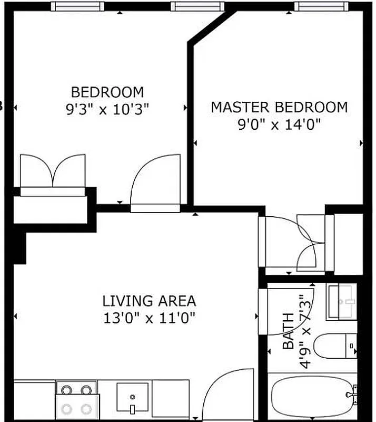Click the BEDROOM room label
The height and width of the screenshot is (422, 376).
click(x=107, y=92)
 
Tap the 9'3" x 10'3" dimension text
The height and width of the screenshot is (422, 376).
click(x=107, y=109)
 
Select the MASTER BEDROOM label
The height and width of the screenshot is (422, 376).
click(x=279, y=107)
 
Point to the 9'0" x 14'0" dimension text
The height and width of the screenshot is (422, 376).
click(x=279, y=124)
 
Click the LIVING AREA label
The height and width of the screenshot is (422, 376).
click(x=149, y=301)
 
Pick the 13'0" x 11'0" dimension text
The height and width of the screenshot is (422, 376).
click(x=149, y=318)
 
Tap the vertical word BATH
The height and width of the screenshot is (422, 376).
click(x=289, y=331)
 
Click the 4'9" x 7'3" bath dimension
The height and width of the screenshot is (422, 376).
click(x=304, y=331)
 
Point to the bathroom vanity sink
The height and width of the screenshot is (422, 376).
click(x=341, y=301)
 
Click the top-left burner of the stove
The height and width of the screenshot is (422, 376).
click(x=67, y=391)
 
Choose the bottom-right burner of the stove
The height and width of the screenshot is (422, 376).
click(x=86, y=409)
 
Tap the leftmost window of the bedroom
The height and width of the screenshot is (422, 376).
click(x=76, y=6)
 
